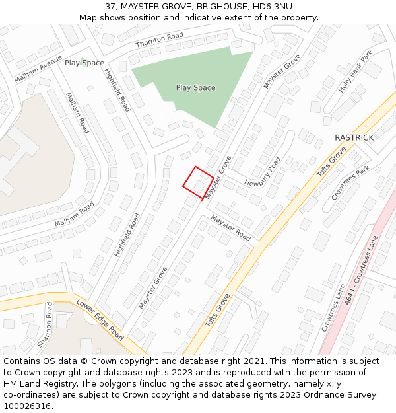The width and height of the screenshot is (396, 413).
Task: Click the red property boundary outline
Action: (x=197, y=182)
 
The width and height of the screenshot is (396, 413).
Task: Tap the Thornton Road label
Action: (x=159, y=40)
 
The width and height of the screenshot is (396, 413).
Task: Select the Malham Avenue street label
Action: (x=38, y=68)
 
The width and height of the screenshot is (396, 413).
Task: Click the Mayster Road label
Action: (x=231, y=227)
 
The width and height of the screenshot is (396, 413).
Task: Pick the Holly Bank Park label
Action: (x=356, y=71)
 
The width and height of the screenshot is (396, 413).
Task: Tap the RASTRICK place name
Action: (x=354, y=137)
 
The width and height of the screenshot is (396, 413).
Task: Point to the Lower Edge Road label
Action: (x=100, y=319)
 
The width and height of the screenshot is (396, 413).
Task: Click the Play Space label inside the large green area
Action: (x=195, y=87)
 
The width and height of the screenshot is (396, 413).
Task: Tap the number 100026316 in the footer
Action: (x=28, y=406)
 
